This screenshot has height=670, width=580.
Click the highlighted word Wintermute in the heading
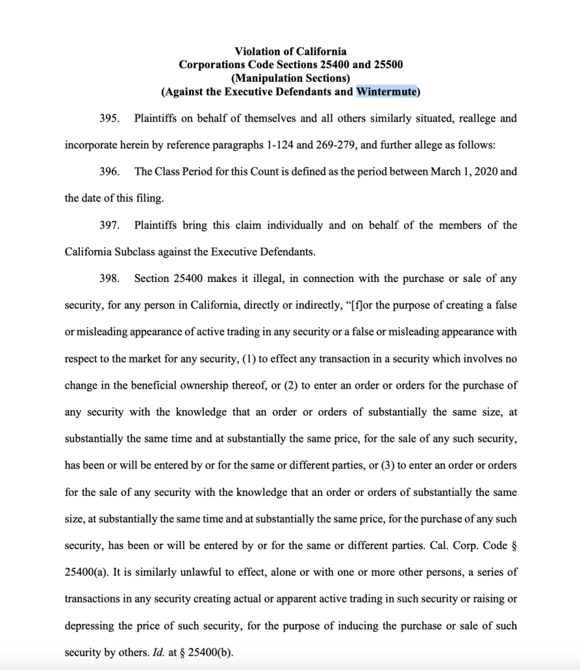[x=386, y=92]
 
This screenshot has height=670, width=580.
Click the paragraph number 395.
[x=108, y=118]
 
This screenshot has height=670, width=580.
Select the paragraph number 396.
[x=108, y=172]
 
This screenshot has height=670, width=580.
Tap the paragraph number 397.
[x=108, y=225]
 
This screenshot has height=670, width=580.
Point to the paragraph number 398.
[x=108, y=279]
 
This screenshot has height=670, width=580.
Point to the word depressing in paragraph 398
[x=90, y=626]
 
